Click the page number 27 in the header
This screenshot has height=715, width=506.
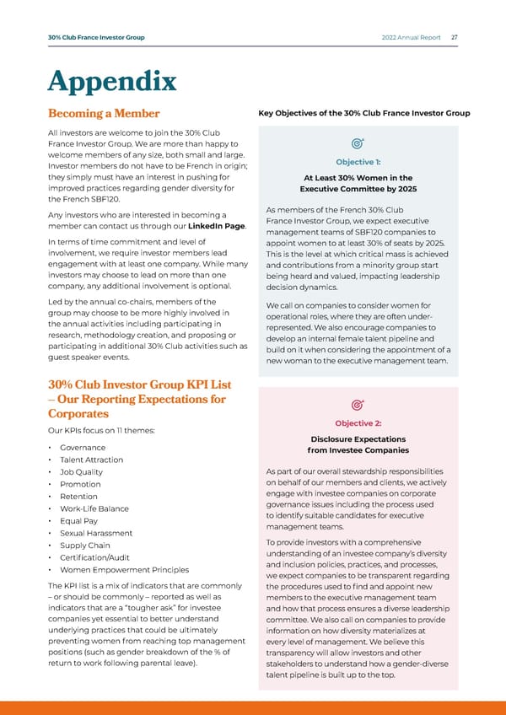coord(455,37)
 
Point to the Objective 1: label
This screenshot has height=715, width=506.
coord(359,162)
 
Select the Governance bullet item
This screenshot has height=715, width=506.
coord(83,447)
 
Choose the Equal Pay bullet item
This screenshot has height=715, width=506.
coord(80,520)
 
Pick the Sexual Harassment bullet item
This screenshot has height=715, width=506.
coord(96,533)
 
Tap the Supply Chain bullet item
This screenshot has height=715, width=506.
coord(84,545)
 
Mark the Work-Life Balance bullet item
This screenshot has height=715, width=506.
coord(94,508)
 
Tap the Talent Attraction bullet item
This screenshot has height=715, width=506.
coord(92,460)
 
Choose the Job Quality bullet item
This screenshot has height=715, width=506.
coord(82,471)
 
